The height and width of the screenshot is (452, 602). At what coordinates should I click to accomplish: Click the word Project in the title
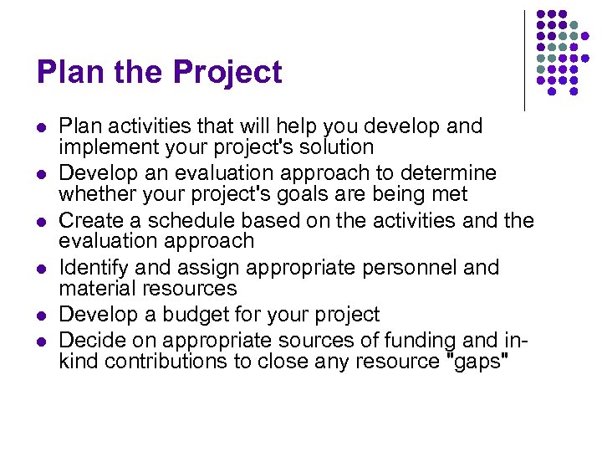point(228,73)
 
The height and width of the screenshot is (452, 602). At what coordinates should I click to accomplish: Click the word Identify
point(92,268)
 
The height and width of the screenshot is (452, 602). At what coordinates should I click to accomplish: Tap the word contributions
point(155,362)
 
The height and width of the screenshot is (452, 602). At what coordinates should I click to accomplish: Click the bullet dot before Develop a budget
point(41,316)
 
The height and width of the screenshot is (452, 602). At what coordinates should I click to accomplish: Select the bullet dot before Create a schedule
point(41,222)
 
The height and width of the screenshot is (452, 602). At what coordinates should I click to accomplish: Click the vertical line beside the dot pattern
point(525,60)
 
